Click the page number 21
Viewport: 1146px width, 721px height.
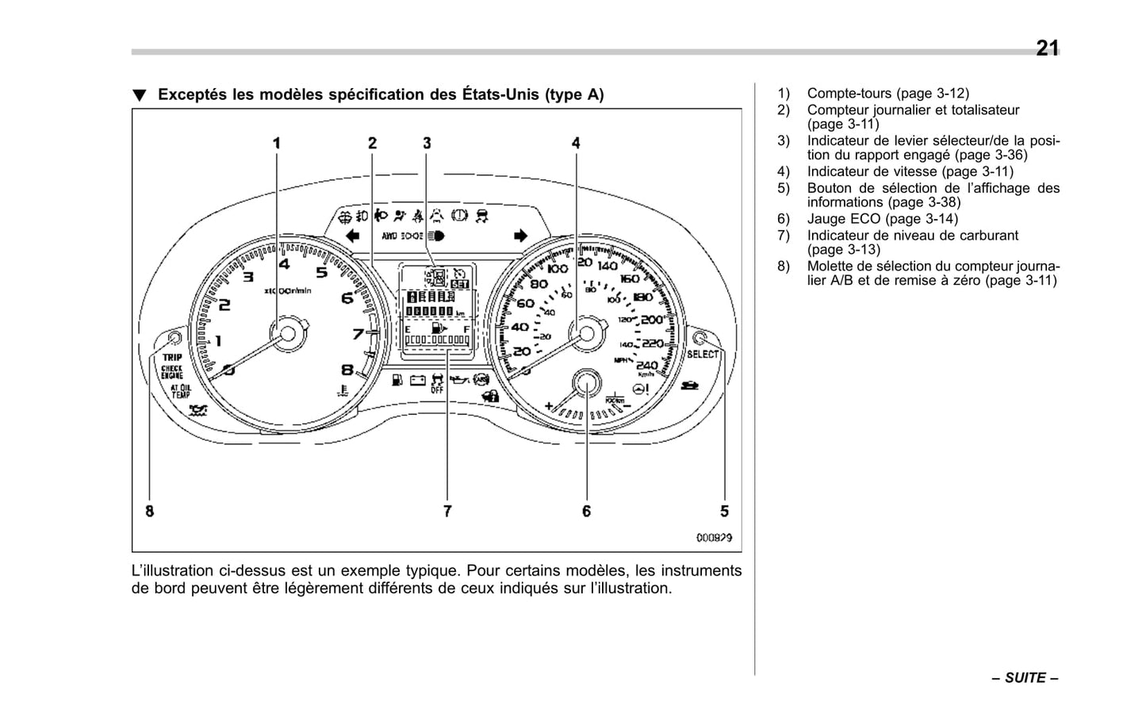pyautogui.click(x=1047, y=48)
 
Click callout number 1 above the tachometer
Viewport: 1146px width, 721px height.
pyautogui.click(x=277, y=144)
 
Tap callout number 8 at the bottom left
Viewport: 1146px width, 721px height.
pyautogui.click(x=149, y=512)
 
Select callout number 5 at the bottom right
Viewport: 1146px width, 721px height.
pyautogui.click(x=724, y=512)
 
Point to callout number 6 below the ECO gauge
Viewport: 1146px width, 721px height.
pyautogui.click(x=586, y=512)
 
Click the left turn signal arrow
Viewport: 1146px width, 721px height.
pyautogui.click(x=353, y=236)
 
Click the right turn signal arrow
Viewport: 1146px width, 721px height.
pyautogui.click(x=520, y=236)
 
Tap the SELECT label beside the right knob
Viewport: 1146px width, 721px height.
pyautogui.click(x=703, y=355)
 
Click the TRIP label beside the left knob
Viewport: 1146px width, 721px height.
pyautogui.click(x=172, y=358)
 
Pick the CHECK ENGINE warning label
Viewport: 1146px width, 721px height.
pyautogui.click(x=172, y=372)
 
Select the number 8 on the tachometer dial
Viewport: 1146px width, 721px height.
pyautogui.click(x=347, y=370)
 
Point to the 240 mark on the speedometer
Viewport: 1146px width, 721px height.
pyautogui.click(x=646, y=365)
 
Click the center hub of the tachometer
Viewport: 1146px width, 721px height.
pyautogui.click(x=288, y=332)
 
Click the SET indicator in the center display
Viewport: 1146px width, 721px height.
pyautogui.click(x=459, y=284)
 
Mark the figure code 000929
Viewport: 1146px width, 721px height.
pyautogui.click(x=714, y=538)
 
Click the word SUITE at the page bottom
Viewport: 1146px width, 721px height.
pyautogui.click(x=1025, y=678)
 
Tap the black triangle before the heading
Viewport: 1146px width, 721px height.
pyautogui.click(x=140, y=96)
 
